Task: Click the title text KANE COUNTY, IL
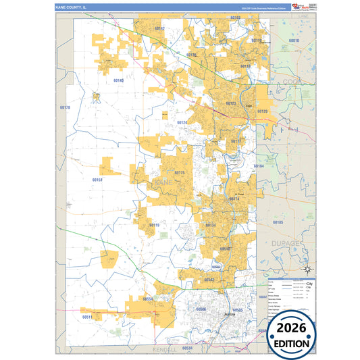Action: pos(75,7)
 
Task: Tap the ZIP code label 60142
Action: pos(159,29)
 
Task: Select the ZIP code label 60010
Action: pos(293,41)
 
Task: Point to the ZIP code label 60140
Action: pos(118,80)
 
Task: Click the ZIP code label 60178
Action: pos(65,107)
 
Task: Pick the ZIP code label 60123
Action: pos(231,103)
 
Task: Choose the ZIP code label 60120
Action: pos(262,111)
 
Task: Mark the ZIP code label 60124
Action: pos(182,122)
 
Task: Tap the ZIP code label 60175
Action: pos(179,172)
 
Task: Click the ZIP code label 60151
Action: pos(97,180)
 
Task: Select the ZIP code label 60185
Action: pos(278,222)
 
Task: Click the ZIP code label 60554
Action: pos(147,298)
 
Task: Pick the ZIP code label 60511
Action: pos(87,316)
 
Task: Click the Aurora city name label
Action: pos(231,315)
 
